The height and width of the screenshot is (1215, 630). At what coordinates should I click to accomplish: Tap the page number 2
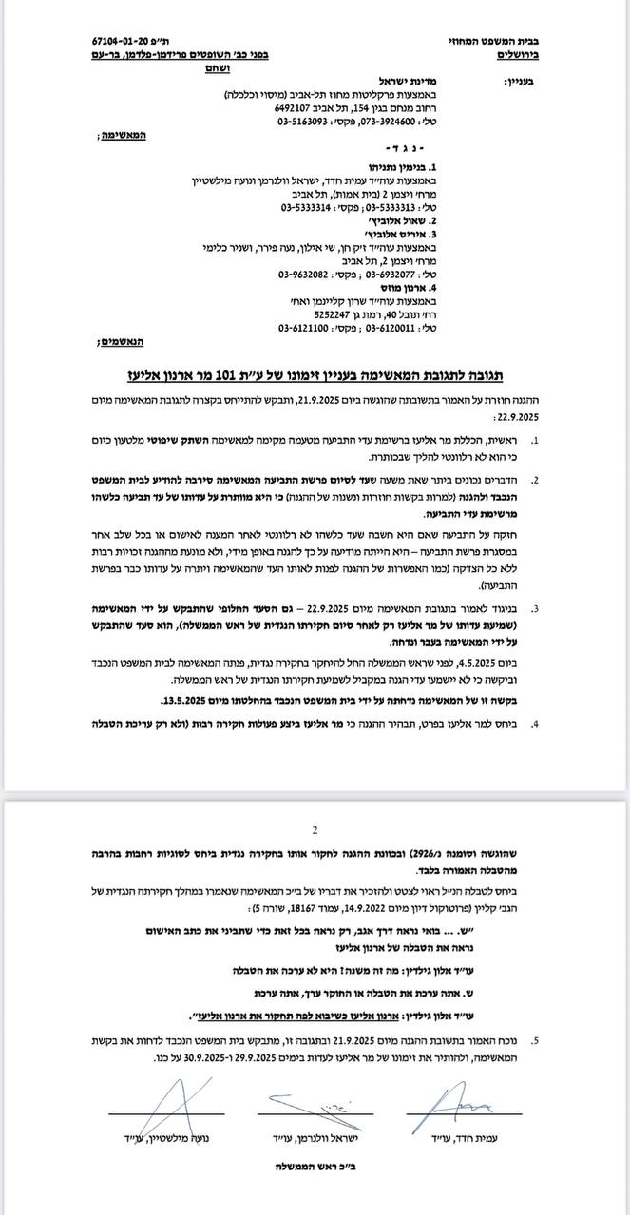(315, 827)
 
